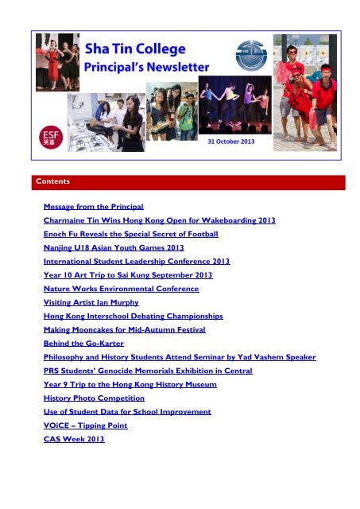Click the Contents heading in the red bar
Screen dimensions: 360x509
click(54, 182)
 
